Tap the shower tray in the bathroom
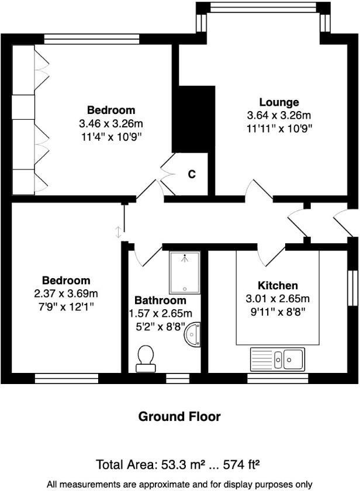(185, 272)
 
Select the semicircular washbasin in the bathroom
(193, 335)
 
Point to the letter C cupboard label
(191, 174)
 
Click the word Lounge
(279, 102)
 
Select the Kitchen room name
(278, 286)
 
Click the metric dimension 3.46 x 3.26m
(111, 123)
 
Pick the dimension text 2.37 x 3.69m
(65, 293)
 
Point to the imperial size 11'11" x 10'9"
(279, 128)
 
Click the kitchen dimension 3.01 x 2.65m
(278, 299)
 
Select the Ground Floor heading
(179, 417)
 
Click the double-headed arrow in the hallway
(120, 231)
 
